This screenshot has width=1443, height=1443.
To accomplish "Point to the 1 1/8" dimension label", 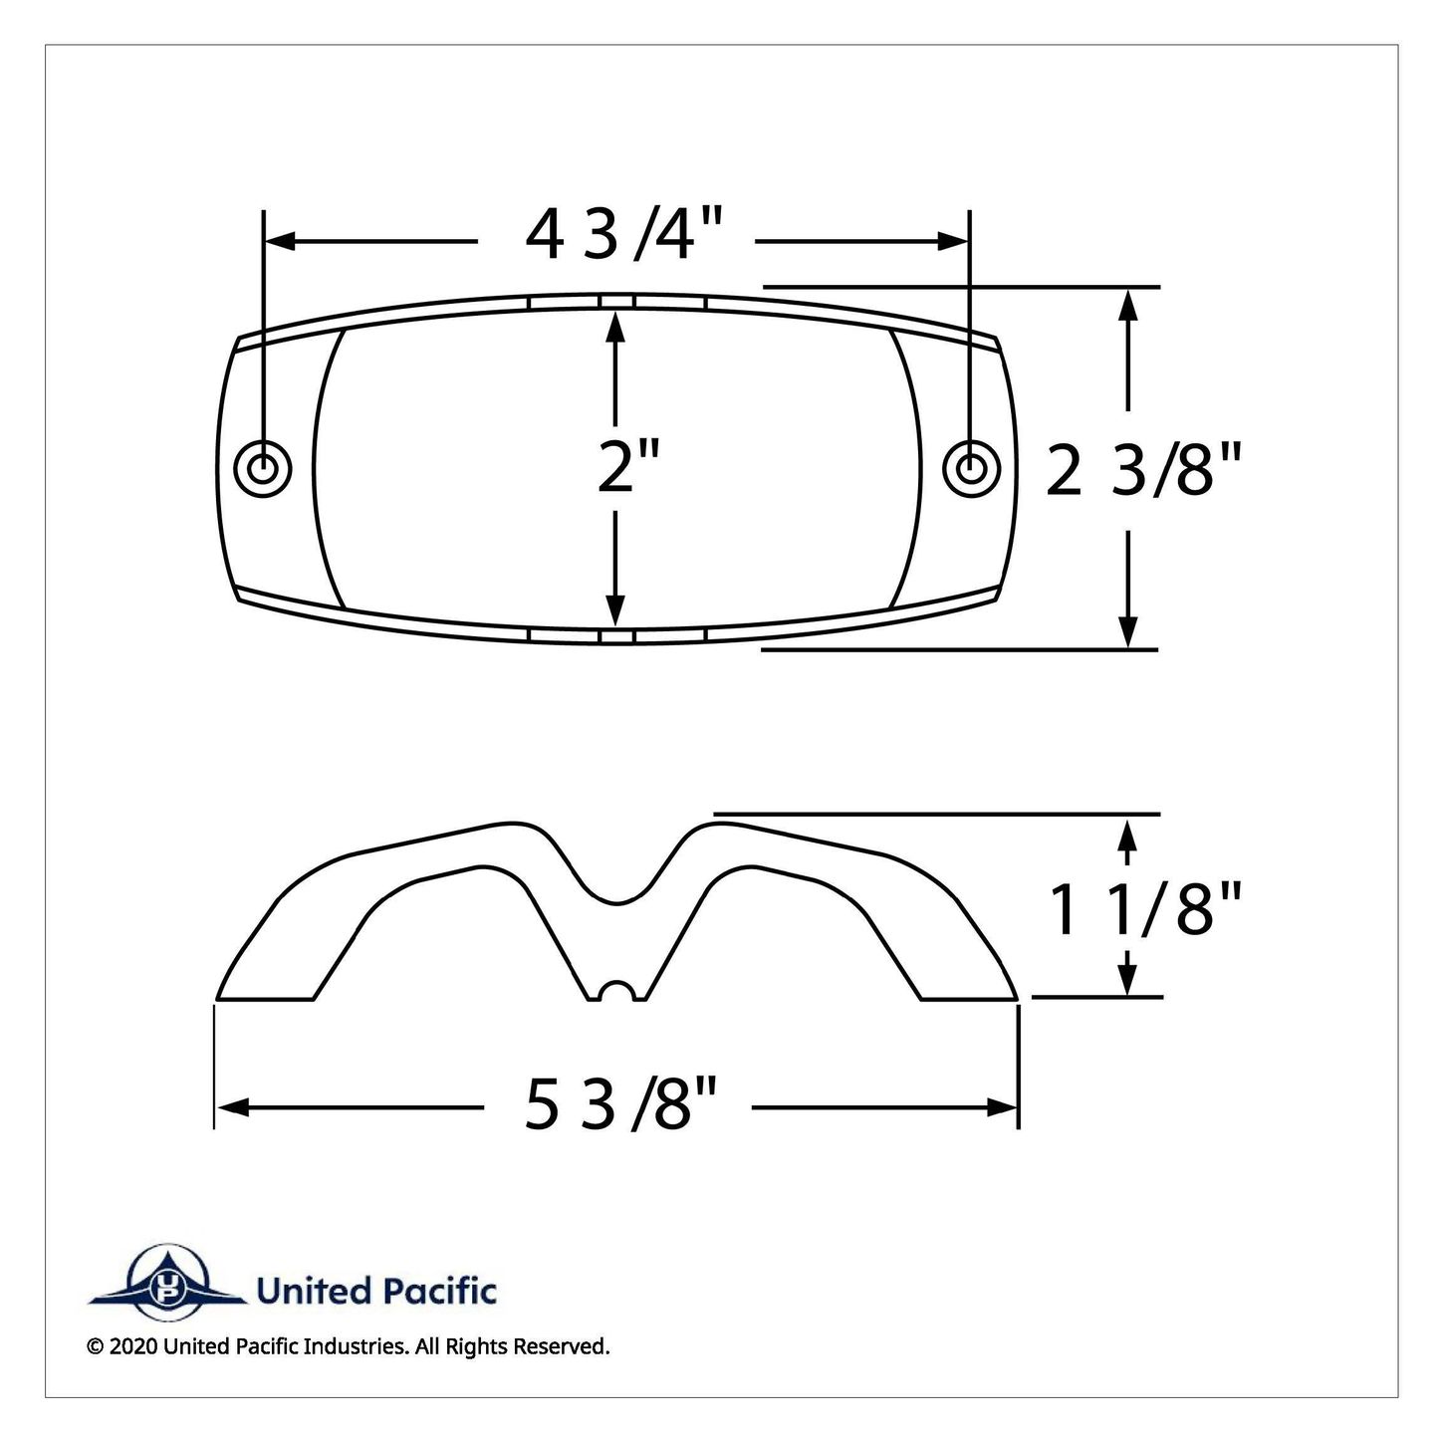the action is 1145,909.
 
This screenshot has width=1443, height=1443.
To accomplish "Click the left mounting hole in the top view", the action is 263,469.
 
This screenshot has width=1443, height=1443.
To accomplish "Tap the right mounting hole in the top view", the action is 971,469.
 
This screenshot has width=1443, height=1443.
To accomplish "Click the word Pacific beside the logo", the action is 440,1291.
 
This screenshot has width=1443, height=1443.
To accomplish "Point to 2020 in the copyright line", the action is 133,1367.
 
